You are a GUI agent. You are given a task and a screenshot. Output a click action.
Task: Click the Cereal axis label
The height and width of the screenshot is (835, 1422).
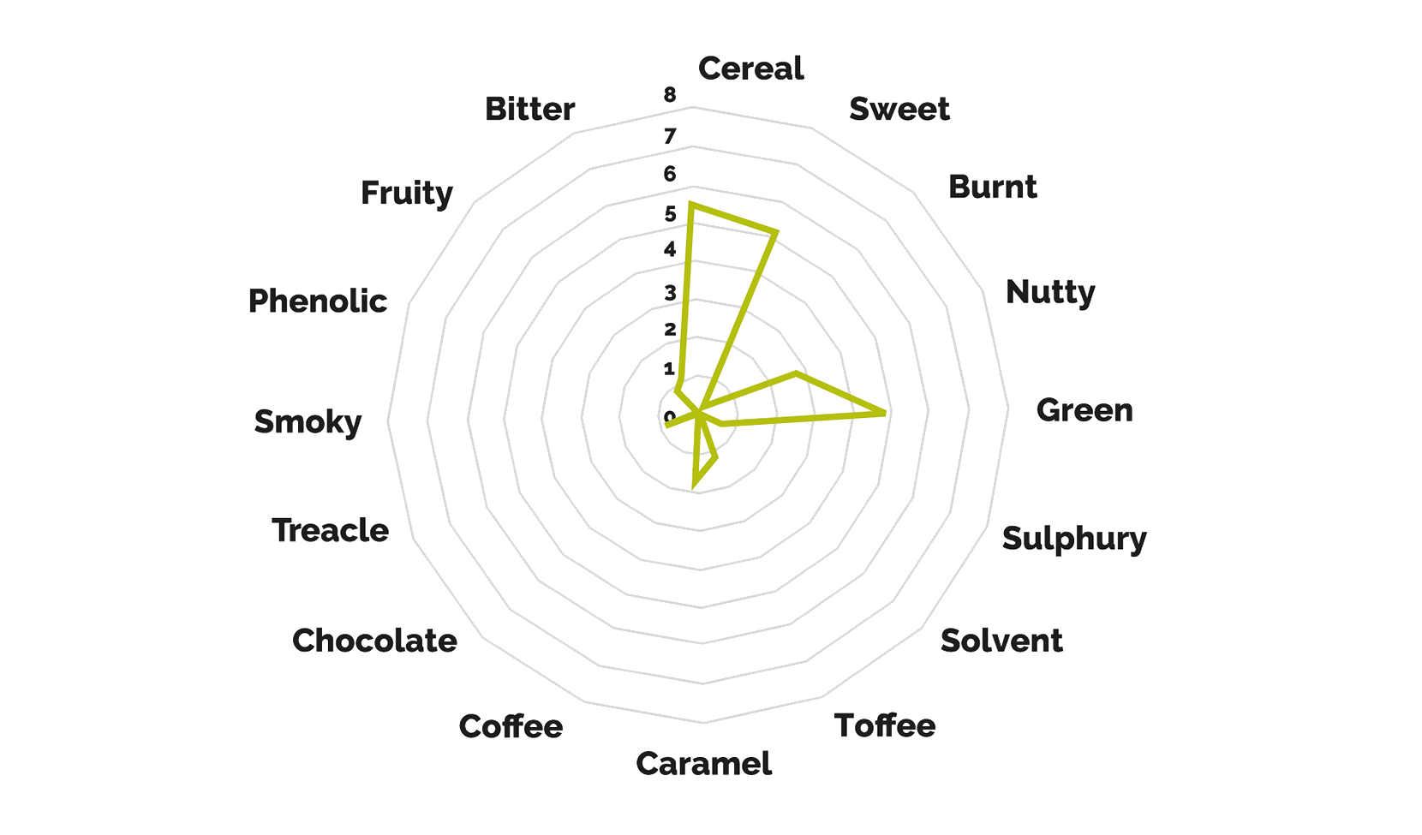751,69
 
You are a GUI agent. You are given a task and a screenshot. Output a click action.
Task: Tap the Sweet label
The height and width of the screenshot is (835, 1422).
899,109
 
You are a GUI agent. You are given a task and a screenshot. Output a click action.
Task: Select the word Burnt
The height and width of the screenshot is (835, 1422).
993,188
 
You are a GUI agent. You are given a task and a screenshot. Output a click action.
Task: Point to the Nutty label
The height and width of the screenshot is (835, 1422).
1050,293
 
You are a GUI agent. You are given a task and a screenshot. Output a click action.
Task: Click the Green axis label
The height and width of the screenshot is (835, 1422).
1084,410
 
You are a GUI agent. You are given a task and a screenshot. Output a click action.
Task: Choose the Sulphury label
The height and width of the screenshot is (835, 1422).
1075,540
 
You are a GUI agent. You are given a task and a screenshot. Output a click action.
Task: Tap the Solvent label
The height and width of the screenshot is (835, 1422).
1001,641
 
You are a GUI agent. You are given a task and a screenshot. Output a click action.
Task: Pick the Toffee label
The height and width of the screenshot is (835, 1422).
885,726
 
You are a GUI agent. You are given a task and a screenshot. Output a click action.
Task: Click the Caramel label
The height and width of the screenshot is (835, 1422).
704,764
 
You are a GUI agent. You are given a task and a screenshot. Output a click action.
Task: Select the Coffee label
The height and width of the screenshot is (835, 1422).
511,726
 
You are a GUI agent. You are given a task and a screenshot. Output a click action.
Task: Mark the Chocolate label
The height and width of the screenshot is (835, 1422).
374,641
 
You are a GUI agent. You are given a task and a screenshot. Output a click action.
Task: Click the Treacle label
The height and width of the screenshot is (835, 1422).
330,530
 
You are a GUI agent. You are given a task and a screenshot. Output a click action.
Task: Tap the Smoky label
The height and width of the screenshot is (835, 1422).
308,422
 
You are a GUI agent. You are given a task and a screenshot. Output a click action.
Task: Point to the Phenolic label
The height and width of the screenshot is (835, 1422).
318,301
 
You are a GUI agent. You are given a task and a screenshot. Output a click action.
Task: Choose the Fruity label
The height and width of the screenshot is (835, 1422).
407,194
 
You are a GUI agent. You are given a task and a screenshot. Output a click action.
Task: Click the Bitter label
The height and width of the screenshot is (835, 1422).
530,109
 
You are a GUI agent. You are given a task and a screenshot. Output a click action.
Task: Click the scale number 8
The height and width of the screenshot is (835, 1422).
670,95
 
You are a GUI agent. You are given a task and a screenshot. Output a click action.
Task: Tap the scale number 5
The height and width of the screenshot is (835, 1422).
671,214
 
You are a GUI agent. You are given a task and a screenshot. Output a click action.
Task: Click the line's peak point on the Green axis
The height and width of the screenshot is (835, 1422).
885,413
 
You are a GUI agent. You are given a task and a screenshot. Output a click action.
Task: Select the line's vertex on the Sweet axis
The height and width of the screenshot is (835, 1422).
775,233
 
